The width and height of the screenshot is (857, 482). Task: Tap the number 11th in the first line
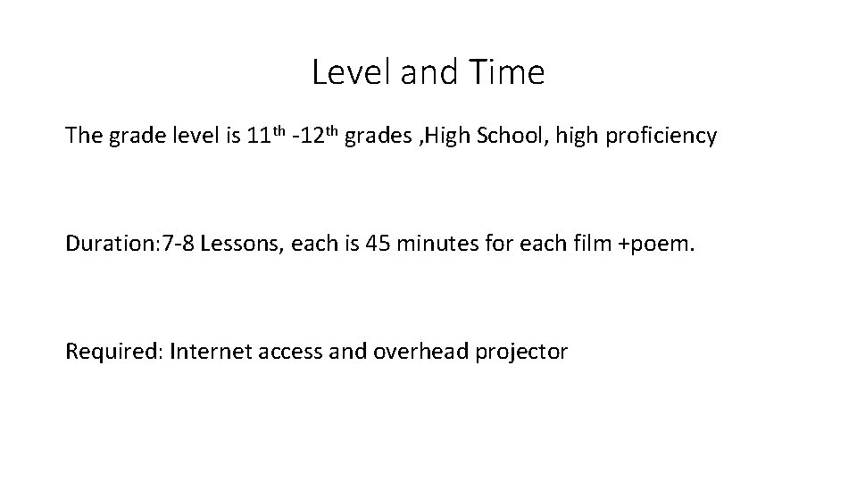click(x=265, y=136)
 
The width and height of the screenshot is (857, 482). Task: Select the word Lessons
click(x=239, y=244)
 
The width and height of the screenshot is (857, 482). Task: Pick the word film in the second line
click(x=581, y=244)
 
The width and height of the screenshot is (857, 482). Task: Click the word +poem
click(x=653, y=245)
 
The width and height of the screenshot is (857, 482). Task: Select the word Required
click(x=110, y=352)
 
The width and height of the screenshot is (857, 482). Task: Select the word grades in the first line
click(x=374, y=137)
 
